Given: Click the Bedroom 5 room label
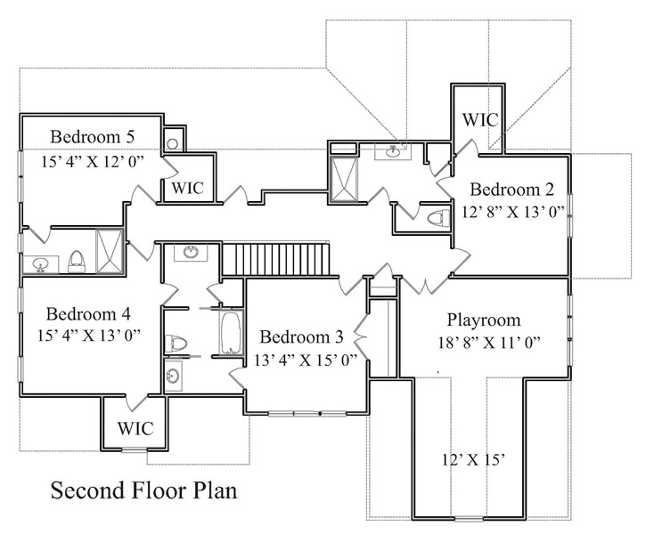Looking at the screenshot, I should coord(92,137).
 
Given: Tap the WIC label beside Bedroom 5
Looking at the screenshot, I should coord(187,188).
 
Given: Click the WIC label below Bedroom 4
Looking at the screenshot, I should coord(135,428).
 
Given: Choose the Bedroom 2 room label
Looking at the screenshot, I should coord(512,189).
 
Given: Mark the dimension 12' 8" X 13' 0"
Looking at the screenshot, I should coord(512,213).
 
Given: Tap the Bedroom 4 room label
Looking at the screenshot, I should coord(88,313).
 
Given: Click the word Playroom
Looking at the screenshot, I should coord(484,320).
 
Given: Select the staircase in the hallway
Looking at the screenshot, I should coord(276,260).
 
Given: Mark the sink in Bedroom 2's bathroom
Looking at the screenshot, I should coord(393,152).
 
